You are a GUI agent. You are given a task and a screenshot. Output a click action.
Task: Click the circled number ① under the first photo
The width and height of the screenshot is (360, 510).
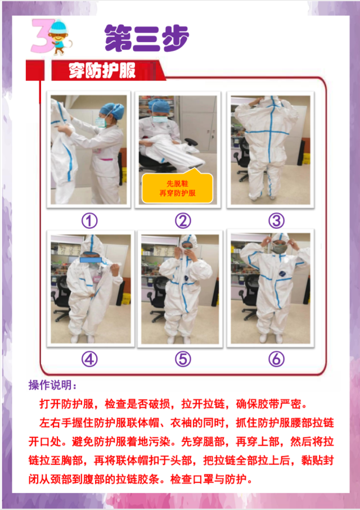89,220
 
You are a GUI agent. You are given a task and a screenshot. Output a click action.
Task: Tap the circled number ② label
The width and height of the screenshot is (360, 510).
183,220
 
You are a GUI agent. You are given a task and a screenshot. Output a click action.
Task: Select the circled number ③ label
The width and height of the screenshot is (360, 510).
276,220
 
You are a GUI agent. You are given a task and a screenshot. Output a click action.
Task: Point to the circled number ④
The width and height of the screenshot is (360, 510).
89,359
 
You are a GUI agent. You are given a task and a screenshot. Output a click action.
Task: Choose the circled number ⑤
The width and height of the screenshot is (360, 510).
183,359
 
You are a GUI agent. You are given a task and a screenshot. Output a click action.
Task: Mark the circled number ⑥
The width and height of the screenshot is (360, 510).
276,359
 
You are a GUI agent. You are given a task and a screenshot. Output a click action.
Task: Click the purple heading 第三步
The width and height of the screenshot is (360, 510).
146,38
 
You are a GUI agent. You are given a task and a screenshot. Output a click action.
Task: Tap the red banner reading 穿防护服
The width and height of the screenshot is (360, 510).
102,71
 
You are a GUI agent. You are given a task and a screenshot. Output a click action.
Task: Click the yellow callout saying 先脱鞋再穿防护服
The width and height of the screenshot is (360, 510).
177,188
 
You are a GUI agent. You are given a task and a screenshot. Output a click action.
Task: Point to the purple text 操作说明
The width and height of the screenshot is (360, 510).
53,385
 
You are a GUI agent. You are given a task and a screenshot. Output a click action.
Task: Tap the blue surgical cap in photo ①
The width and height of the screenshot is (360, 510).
112,110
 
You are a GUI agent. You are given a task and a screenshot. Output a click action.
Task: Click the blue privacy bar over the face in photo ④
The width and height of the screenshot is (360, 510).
91,260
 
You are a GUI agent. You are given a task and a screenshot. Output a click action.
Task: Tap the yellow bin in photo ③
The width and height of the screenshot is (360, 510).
307,159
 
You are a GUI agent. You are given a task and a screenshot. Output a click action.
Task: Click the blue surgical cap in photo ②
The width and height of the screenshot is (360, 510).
159,106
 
